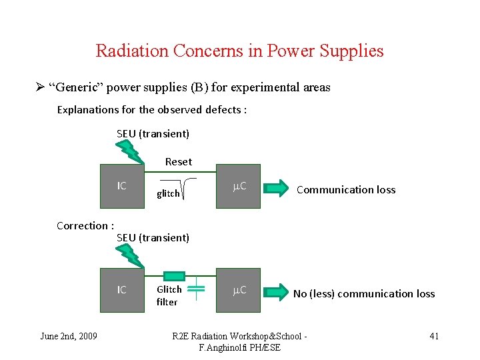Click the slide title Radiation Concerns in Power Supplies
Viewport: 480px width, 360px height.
(x=239, y=51)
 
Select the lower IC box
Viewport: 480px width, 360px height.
(x=122, y=290)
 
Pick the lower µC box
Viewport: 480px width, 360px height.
(x=238, y=290)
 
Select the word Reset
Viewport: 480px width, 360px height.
(x=179, y=161)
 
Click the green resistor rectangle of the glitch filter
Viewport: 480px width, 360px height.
(x=174, y=275)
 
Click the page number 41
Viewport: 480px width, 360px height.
(x=434, y=336)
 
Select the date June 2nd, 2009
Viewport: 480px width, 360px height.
(x=69, y=336)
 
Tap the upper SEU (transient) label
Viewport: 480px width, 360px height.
(x=153, y=133)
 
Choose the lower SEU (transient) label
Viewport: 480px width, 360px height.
(x=153, y=237)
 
